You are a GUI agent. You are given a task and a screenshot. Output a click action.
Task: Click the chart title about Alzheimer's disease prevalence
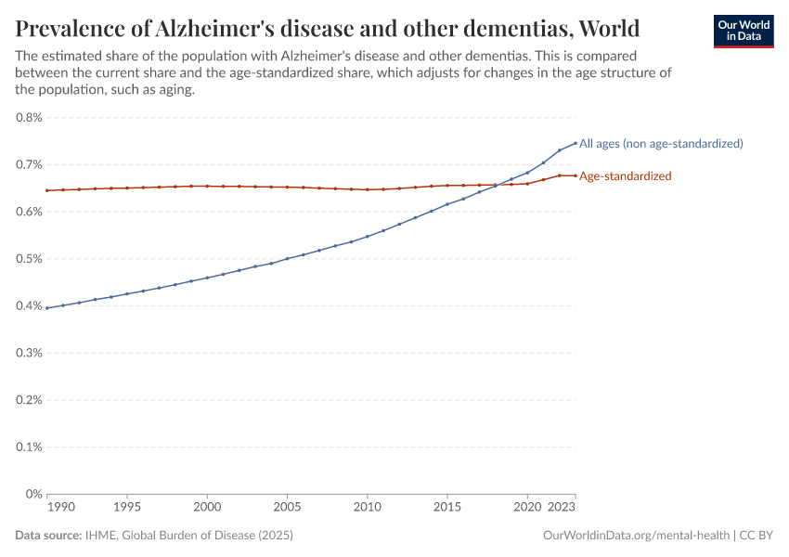[327, 26]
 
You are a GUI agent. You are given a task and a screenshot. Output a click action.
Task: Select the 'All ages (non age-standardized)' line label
[661, 143]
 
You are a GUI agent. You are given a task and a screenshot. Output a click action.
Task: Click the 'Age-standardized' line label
[625, 175]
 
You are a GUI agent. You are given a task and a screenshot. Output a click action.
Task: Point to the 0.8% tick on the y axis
[30, 118]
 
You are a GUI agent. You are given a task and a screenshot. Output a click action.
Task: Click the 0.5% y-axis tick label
[30, 259]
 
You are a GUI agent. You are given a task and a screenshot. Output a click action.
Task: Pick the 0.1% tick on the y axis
[30, 447]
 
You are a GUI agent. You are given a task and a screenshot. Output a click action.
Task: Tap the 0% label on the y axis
[34, 494]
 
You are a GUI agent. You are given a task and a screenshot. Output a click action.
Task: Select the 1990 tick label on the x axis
[60, 509]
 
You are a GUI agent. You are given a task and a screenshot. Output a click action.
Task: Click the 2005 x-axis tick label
[287, 509]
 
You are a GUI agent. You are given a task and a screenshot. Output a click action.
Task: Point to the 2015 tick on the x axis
[447, 509]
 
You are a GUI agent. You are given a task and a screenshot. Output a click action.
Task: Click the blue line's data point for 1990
[47, 307]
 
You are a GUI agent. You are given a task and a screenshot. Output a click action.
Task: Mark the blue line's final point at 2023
[576, 143]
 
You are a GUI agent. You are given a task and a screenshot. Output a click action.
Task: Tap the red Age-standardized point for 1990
[47, 190]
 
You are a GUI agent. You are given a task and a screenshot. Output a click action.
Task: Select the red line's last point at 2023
[576, 175]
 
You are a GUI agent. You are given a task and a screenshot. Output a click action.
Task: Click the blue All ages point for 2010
[368, 236]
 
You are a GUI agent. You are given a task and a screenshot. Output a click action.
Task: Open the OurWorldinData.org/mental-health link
[636, 536]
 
